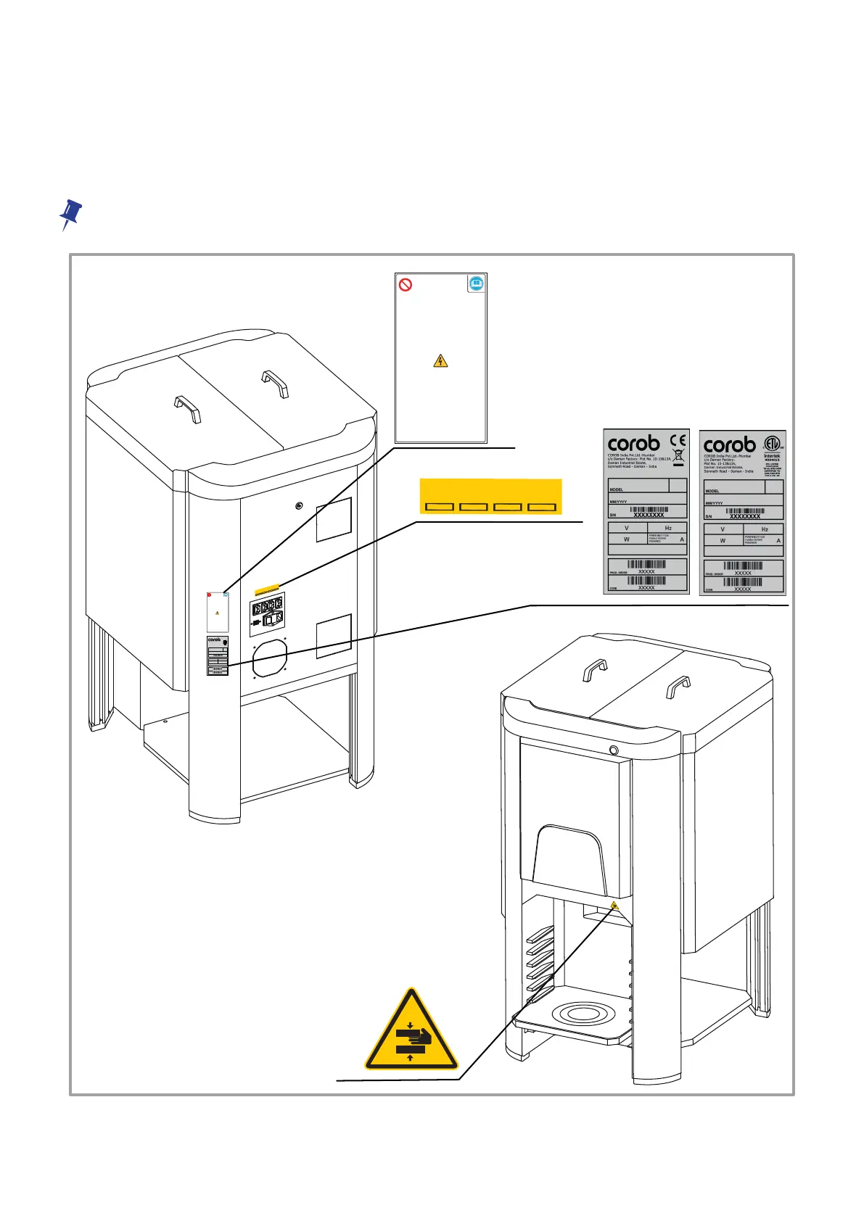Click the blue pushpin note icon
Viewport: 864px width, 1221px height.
(x=70, y=215)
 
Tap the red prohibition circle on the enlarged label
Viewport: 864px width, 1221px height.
(x=406, y=285)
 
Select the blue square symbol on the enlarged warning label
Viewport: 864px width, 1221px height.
(x=476, y=284)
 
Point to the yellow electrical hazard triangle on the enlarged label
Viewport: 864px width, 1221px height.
(x=440, y=360)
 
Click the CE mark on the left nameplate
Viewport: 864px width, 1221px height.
(x=678, y=439)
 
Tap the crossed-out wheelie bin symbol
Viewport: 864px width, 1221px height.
(x=679, y=457)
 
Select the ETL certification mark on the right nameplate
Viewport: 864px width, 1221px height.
(x=773, y=444)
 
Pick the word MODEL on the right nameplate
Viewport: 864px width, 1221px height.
(x=712, y=491)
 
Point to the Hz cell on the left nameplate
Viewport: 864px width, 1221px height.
(x=667, y=528)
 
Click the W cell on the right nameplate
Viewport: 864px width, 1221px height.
(x=723, y=541)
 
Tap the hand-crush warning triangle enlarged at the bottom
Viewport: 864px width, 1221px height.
(x=411, y=1033)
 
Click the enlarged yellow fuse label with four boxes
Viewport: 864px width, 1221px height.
(x=490, y=497)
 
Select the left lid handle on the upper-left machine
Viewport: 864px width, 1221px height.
(x=187, y=407)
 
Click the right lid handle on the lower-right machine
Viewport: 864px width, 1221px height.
(x=678, y=686)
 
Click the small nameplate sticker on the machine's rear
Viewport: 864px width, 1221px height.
(x=218, y=656)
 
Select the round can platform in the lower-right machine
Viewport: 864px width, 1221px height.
(x=577, y=1014)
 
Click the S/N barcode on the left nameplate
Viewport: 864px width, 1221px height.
(x=649, y=510)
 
